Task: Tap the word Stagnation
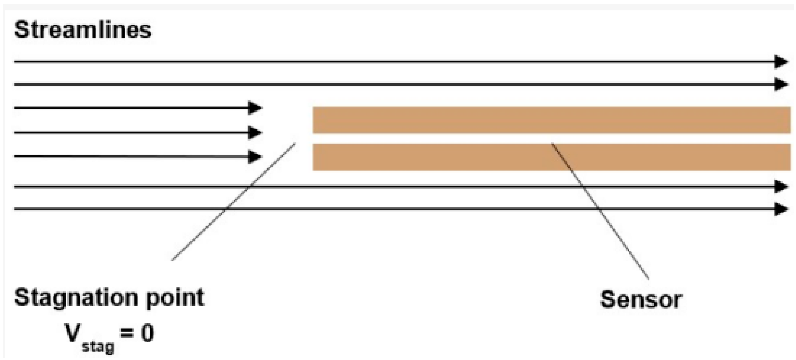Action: [76, 297]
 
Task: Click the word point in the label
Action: [175, 299]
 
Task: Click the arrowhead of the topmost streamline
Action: [781, 61]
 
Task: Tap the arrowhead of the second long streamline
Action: [781, 84]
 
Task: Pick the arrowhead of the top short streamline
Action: [255, 108]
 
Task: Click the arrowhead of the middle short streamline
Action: [255, 133]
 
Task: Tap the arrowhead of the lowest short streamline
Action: [255, 157]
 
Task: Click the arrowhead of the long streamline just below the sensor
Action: [781, 187]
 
